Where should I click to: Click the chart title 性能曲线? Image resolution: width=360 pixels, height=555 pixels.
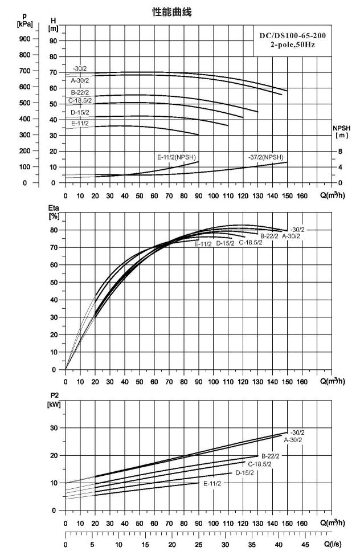[x=171, y=13]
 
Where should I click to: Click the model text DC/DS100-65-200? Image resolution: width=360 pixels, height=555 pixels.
[x=293, y=36]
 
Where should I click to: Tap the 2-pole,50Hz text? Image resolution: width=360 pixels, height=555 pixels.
[x=293, y=45]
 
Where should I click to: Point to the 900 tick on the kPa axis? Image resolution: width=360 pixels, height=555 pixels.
[x=24, y=39]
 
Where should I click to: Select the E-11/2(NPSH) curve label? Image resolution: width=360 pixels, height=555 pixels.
[x=177, y=157]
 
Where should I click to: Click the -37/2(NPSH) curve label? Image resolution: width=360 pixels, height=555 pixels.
[x=266, y=157]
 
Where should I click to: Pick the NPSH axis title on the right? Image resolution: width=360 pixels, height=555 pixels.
[x=341, y=132]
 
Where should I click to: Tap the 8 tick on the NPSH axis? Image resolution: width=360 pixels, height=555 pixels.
[x=340, y=152]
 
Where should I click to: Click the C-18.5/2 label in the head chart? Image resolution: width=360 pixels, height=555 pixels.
[x=80, y=100]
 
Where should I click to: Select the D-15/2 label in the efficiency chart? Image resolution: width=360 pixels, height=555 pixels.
[x=225, y=243]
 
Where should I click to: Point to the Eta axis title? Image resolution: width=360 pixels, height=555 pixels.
[x=54, y=211]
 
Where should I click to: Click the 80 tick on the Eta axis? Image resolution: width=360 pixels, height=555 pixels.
[x=53, y=230]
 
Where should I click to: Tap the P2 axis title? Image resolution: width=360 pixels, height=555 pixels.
[x=54, y=400]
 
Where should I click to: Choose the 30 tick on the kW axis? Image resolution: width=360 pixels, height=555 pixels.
[x=53, y=428]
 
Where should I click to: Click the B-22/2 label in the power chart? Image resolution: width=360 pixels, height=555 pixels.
[x=271, y=456]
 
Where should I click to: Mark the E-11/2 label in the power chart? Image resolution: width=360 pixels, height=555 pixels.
[x=212, y=484]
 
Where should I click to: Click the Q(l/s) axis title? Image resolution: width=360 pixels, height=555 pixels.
[x=333, y=544]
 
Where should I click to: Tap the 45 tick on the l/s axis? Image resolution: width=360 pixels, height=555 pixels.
[x=305, y=544]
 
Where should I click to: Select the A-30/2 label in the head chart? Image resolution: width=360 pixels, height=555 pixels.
[x=80, y=81]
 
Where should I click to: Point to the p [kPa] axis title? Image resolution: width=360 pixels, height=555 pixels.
[x=24, y=21]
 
